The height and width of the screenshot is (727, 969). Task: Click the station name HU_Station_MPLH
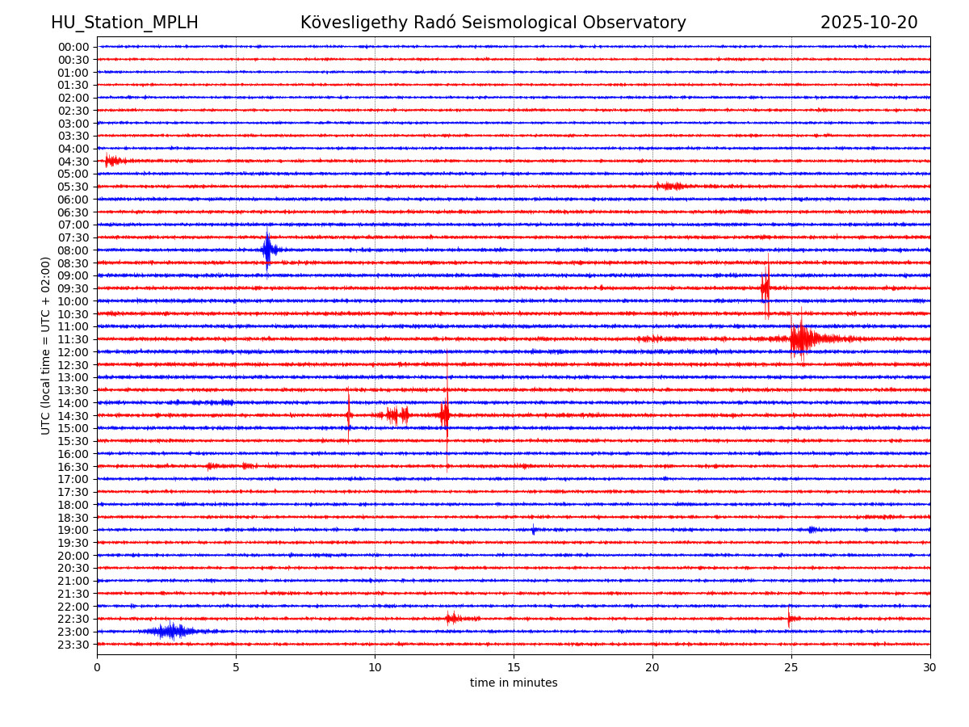(x=124, y=23)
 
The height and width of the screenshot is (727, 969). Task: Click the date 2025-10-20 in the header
(x=869, y=23)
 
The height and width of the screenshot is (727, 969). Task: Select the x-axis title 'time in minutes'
(x=514, y=683)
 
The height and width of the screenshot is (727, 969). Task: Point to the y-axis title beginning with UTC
(x=46, y=345)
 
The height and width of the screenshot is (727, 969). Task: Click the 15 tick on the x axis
(x=514, y=667)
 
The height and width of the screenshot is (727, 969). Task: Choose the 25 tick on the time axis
(x=791, y=667)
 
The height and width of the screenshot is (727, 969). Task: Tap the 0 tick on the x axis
(x=97, y=667)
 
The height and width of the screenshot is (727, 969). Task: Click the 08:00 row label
(x=73, y=250)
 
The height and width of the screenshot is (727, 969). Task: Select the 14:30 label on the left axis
(x=73, y=415)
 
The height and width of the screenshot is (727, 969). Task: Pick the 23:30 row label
(x=73, y=645)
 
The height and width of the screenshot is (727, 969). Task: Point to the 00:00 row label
(x=73, y=47)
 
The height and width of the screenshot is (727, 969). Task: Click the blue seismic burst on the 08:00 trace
(x=268, y=250)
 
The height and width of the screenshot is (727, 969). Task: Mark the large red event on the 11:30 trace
(x=801, y=338)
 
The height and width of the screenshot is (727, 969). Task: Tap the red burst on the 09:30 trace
(x=766, y=288)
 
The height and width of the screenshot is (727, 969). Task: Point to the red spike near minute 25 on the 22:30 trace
(x=789, y=618)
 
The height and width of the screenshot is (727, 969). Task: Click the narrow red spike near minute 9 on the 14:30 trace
(x=348, y=415)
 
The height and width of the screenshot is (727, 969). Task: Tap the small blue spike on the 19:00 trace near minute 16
(x=533, y=530)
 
